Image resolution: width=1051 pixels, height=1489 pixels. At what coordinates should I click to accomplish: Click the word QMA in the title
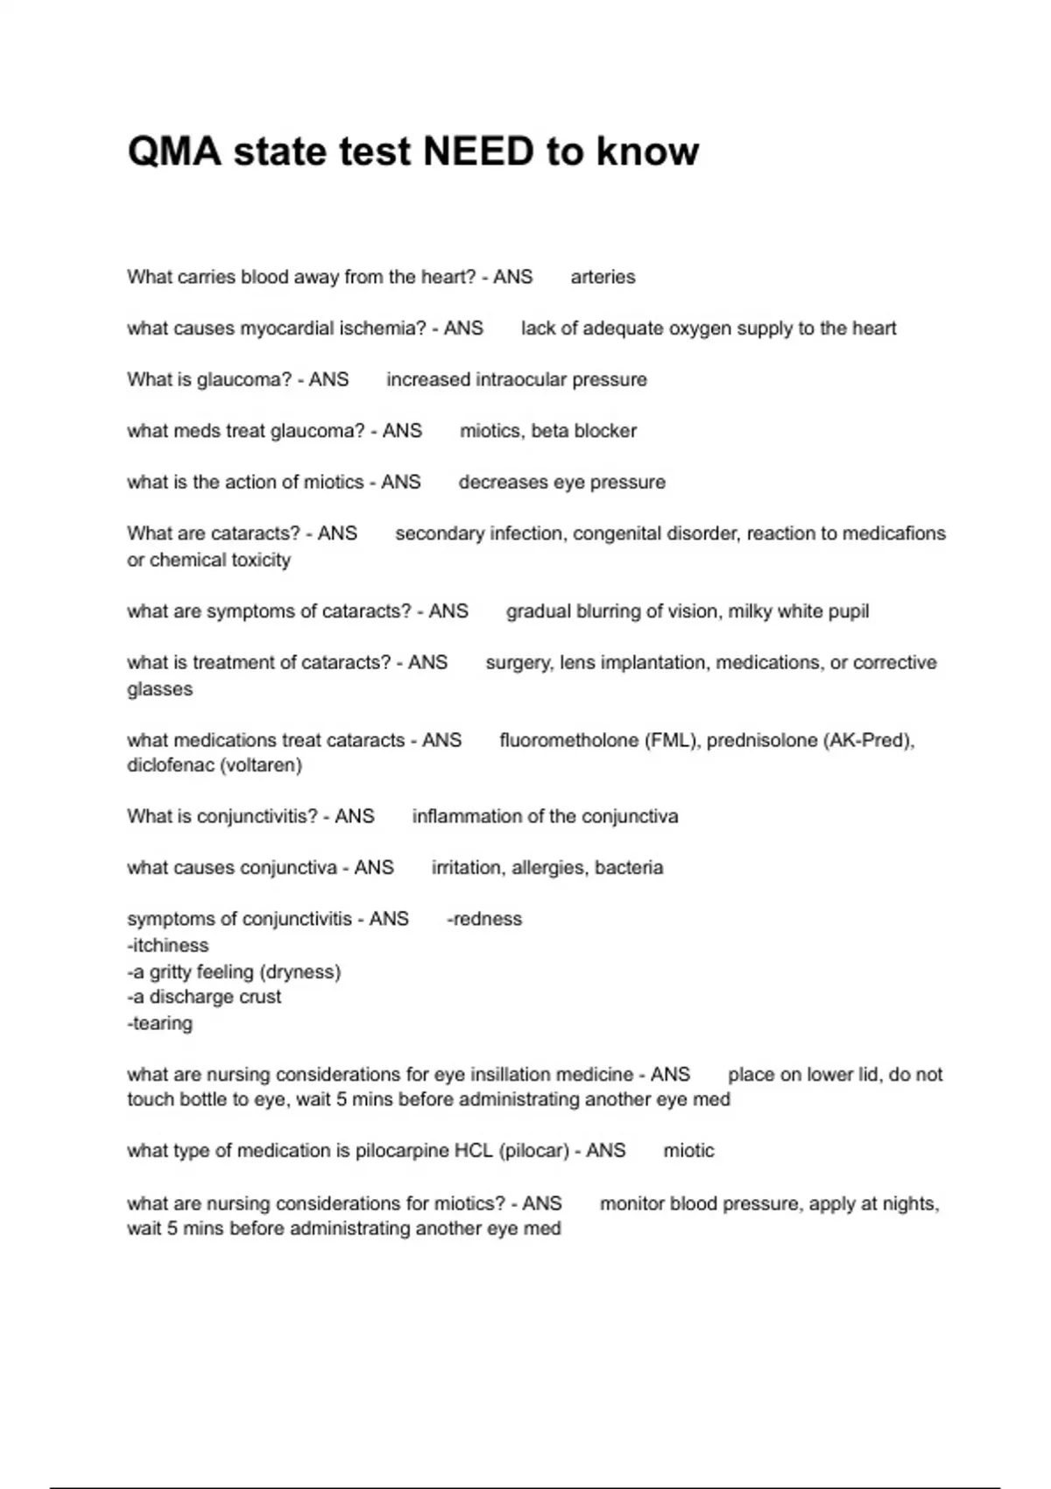point(174,152)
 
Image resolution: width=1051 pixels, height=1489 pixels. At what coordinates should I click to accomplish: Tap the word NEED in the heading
point(478,152)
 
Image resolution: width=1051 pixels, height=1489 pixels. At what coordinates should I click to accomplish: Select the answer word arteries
point(603,278)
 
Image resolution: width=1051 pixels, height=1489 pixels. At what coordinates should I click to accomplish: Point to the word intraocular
point(521,380)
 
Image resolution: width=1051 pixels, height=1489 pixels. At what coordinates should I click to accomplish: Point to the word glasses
point(159,689)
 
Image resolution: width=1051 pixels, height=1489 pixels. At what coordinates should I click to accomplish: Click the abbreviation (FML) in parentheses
point(672,741)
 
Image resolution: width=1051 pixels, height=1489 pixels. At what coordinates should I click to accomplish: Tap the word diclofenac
point(169,766)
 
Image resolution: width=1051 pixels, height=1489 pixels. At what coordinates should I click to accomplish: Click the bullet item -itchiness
point(168,946)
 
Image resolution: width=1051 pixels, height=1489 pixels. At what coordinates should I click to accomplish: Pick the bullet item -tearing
point(160,1023)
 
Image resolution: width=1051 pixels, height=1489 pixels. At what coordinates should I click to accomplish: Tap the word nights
point(912,1204)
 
